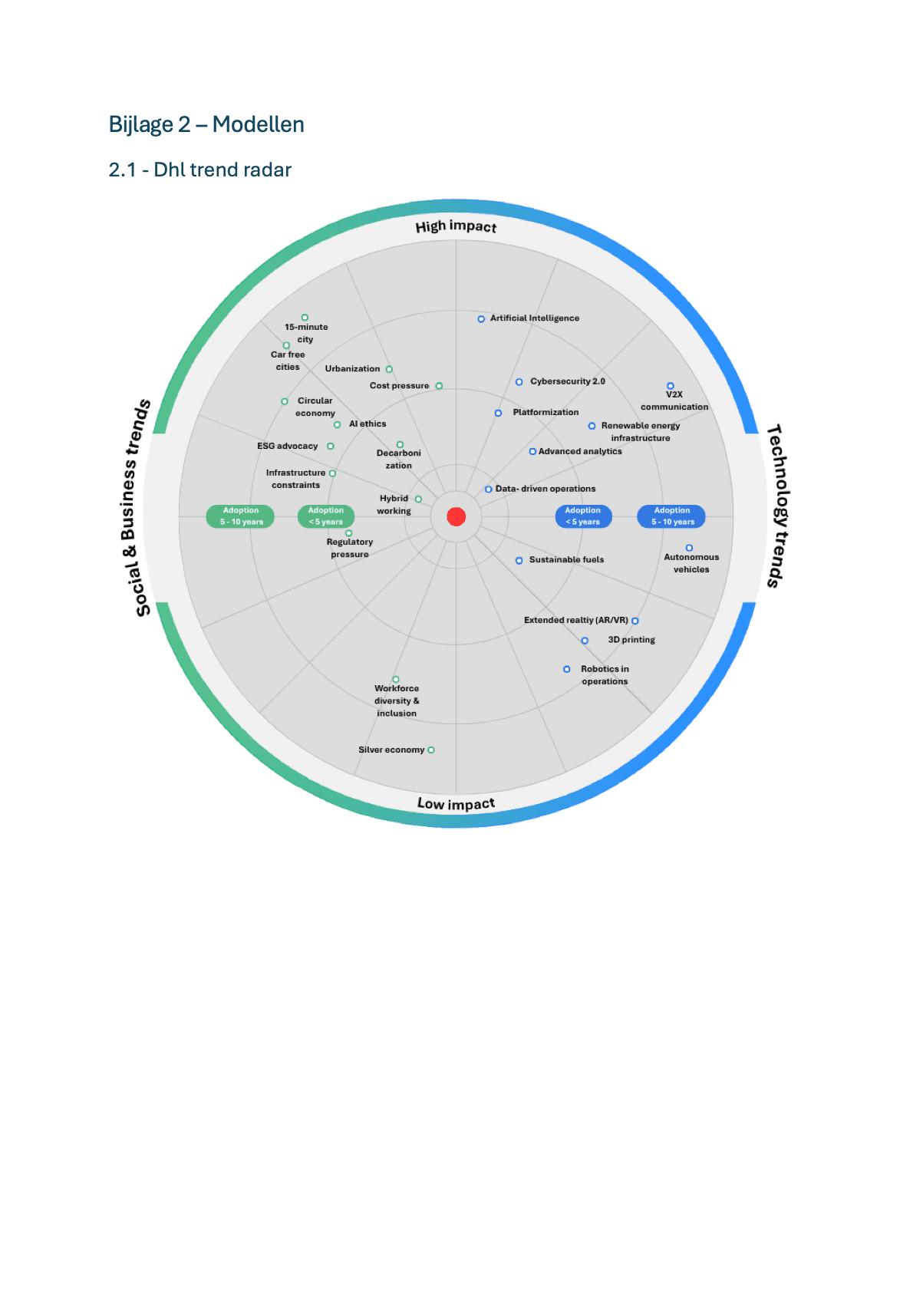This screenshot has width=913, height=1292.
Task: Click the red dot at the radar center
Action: click(x=456, y=517)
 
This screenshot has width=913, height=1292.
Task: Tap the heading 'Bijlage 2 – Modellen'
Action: click(x=206, y=124)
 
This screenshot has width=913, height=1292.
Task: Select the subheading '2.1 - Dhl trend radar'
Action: click(x=199, y=170)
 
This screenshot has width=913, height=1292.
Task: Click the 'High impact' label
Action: click(x=456, y=226)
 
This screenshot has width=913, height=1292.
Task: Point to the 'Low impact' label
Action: click(x=456, y=803)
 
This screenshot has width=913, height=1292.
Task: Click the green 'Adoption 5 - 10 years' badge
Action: click(x=240, y=516)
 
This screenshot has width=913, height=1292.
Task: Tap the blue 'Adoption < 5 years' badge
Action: click(x=583, y=516)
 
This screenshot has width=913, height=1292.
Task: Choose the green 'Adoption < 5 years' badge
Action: click(x=326, y=516)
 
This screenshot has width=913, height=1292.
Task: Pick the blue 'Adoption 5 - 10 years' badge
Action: click(x=671, y=516)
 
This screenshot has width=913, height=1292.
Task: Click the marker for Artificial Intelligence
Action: click(x=481, y=319)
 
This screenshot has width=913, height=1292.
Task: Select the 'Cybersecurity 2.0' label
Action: click(x=568, y=381)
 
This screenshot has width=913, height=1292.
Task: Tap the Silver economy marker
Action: click(x=431, y=750)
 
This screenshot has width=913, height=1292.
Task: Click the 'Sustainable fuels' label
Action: click(x=566, y=559)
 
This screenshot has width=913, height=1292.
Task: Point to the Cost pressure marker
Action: click(x=439, y=386)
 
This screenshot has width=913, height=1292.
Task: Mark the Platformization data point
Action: click(x=499, y=413)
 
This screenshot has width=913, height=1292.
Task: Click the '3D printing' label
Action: click(x=631, y=640)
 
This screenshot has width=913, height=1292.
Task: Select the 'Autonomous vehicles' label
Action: click(x=691, y=563)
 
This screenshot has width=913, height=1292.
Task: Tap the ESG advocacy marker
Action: click(x=331, y=447)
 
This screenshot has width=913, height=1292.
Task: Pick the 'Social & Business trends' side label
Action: click(x=135, y=508)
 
